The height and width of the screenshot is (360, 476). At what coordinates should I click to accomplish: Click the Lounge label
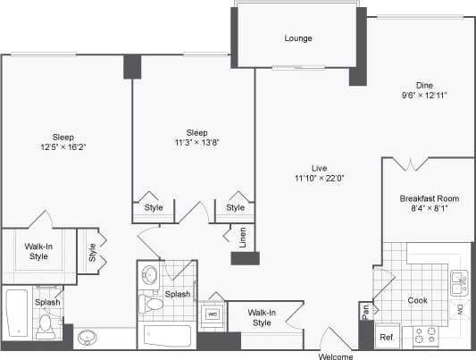[x=297, y=38]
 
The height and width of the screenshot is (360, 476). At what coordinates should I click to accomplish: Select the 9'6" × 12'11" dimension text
[x=423, y=95]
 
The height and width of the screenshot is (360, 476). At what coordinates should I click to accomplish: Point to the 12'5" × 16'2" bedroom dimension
[x=63, y=147]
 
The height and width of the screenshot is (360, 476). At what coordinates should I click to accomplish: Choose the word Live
[x=319, y=167]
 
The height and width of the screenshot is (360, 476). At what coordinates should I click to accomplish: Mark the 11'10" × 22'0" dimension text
[x=319, y=178]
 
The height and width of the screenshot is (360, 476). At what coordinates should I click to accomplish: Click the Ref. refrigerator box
[x=387, y=338]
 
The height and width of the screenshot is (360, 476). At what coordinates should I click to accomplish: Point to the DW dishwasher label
[x=459, y=308]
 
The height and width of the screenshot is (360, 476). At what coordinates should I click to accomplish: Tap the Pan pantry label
[x=366, y=312]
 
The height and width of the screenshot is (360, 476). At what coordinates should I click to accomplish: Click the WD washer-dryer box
[x=213, y=314]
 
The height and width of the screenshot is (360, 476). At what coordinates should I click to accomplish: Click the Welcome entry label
[x=337, y=355]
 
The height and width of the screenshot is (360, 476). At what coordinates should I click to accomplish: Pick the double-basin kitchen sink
[x=459, y=283]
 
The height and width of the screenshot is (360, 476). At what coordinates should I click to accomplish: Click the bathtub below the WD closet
[x=168, y=337]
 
